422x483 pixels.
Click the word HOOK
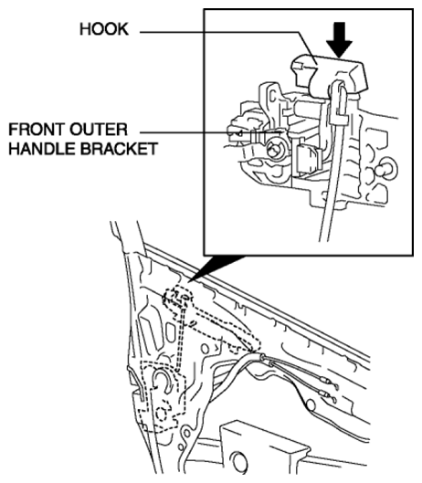(104, 29)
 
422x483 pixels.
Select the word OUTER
(99, 130)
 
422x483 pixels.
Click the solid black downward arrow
(340, 40)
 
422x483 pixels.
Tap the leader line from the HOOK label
(228, 32)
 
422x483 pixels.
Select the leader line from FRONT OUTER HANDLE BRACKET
(211, 132)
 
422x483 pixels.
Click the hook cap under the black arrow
(329, 75)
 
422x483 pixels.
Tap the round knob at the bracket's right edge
(388, 169)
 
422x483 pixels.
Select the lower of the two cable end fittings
(327, 396)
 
